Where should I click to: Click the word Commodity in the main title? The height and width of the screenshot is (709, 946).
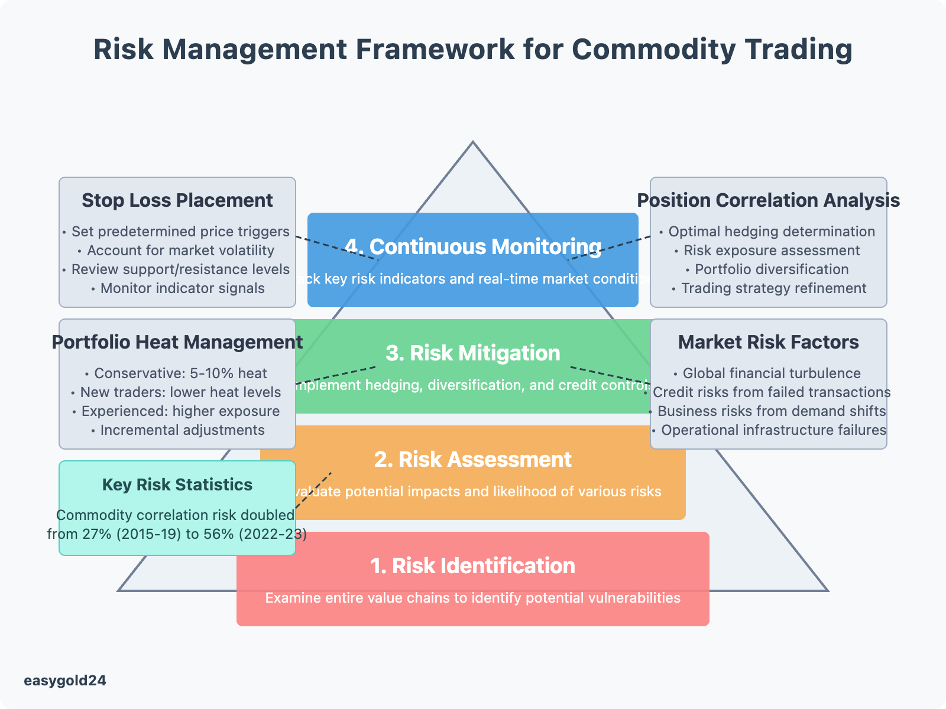tap(653, 49)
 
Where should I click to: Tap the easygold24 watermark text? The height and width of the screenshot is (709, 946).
tap(65, 681)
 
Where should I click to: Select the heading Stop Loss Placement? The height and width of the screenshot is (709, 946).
tap(177, 200)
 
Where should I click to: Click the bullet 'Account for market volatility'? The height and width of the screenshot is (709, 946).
tap(180, 251)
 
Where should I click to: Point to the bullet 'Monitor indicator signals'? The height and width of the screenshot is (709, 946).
tap(182, 288)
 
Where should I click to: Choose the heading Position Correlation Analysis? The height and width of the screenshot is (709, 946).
tap(769, 200)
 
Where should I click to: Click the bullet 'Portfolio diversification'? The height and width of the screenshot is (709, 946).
tap(772, 269)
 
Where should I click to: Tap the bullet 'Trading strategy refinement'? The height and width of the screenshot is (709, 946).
tap(773, 288)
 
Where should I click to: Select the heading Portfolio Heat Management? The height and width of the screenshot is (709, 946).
tap(177, 342)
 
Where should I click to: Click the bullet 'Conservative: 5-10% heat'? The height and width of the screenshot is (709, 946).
tap(180, 373)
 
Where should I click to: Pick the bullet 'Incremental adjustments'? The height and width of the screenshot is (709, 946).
tap(182, 430)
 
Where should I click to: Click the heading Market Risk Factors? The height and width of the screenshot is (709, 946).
tap(769, 342)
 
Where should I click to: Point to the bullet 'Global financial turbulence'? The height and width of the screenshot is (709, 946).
tap(772, 373)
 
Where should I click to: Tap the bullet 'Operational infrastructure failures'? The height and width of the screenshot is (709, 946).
tap(773, 430)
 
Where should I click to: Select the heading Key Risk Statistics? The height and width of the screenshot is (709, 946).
tap(177, 484)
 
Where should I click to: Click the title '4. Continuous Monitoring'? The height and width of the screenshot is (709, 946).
tap(473, 246)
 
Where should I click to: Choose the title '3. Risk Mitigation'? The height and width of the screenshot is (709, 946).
tap(473, 353)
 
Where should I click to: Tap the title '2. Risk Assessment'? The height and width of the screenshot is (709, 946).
tap(473, 459)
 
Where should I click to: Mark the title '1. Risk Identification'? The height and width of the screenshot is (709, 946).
tap(473, 565)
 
